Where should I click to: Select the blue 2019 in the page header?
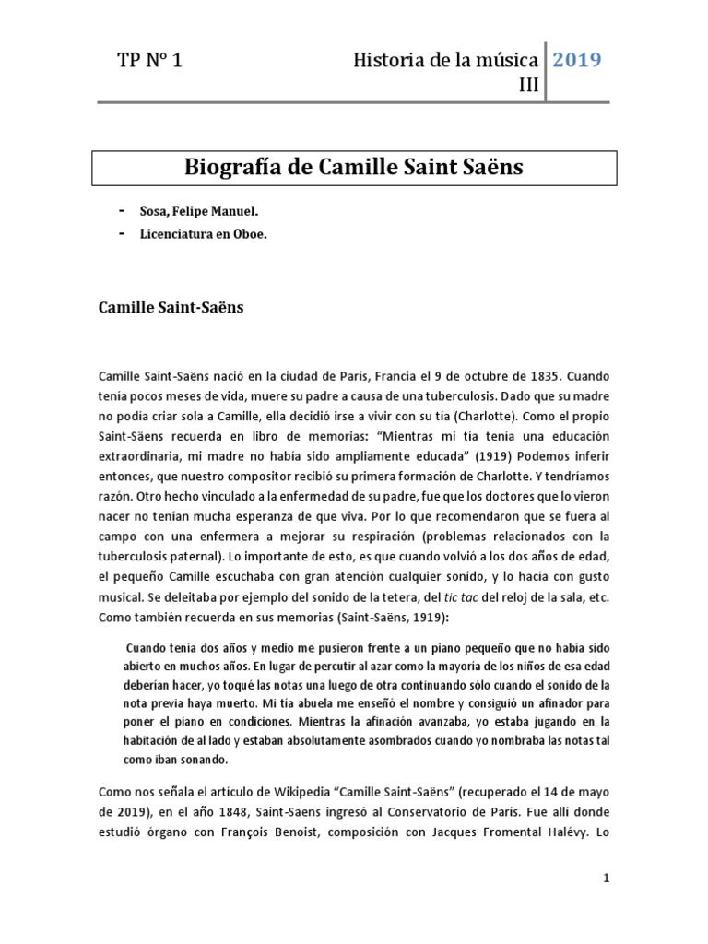(x=576, y=61)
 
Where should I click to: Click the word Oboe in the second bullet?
(x=251, y=234)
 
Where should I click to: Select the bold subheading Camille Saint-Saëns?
(x=171, y=307)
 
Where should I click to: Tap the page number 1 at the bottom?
(x=607, y=879)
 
